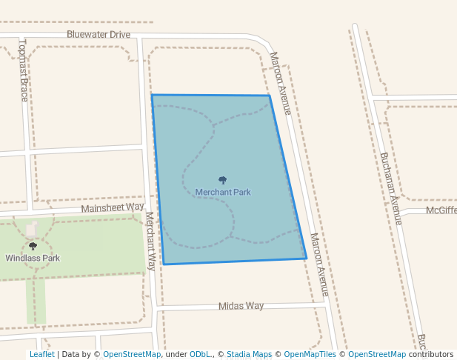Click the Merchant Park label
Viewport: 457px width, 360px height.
click(x=223, y=193)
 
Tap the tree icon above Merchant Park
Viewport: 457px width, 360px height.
click(x=223, y=180)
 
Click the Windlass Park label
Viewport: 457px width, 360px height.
click(x=33, y=259)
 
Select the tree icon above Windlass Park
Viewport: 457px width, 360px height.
click(x=33, y=246)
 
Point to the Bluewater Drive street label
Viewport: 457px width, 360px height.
click(x=99, y=35)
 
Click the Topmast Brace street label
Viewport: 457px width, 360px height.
click(x=24, y=70)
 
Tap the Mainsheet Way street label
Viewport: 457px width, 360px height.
click(x=113, y=207)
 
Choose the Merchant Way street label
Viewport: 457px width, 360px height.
click(x=150, y=241)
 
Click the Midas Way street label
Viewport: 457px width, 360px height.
click(x=241, y=306)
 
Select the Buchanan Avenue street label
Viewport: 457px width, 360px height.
click(x=390, y=189)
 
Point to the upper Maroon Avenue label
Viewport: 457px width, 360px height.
click(x=281, y=82)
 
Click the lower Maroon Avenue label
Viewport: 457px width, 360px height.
click(x=319, y=264)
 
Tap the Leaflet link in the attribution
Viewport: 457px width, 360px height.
click(x=41, y=355)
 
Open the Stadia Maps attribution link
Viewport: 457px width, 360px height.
click(x=249, y=355)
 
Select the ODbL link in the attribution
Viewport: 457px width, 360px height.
click(x=200, y=355)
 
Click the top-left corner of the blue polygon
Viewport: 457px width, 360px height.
click(x=152, y=95)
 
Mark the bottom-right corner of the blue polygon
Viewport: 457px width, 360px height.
click(x=307, y=259)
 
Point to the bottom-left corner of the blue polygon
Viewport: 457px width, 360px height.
click(x=164, y=264)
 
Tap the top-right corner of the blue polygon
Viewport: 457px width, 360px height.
click(x=269, y=96)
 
